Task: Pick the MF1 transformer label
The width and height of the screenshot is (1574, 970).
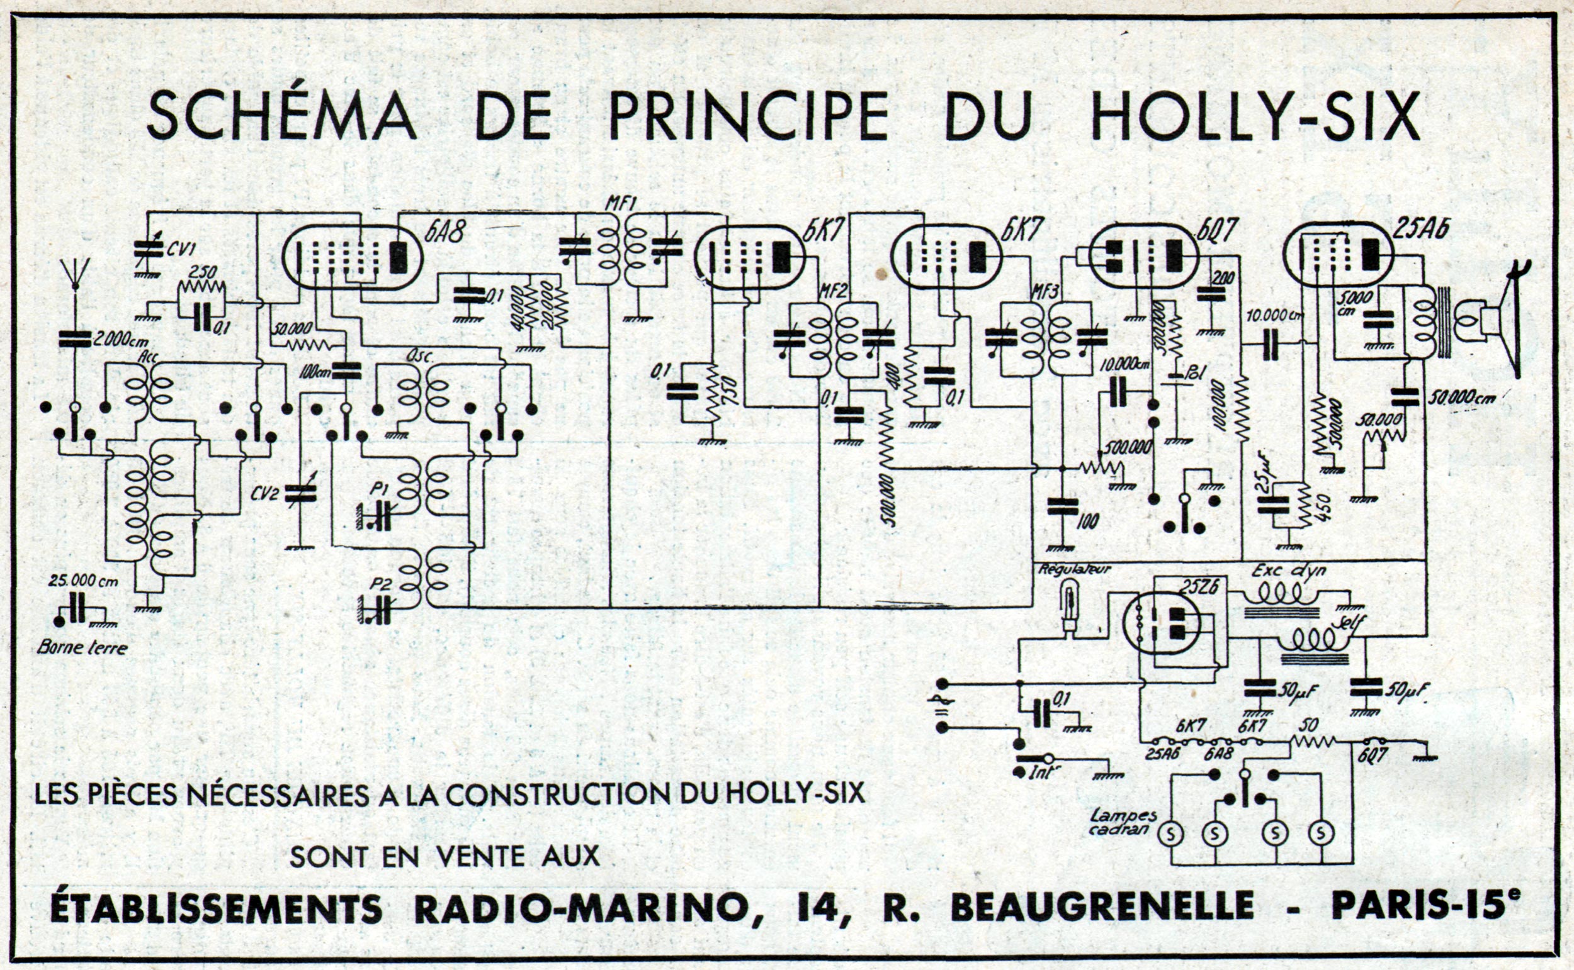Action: click(x=620, y=205)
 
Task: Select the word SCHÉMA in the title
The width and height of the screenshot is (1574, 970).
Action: click(x=281, y=118)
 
